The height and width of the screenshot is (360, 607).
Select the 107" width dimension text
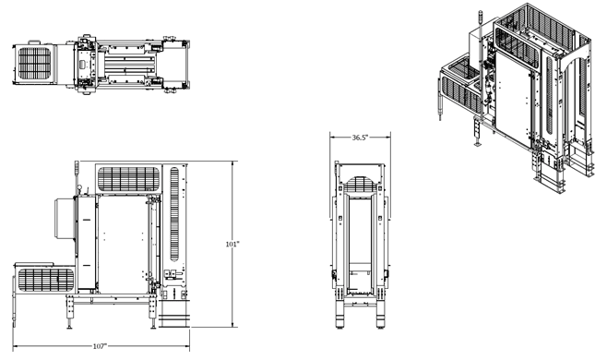(100, 346)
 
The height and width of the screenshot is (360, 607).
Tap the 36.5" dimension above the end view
(360, 138)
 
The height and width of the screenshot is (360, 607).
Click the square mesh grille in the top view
(38, 65)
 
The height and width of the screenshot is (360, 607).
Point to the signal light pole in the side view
(77, 175)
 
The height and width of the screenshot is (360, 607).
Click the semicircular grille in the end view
(360, 175)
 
